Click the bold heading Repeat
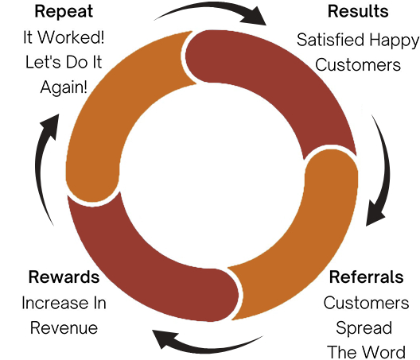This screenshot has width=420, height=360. [x=64, y=12]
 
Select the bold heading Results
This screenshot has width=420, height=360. [x=358, y=11]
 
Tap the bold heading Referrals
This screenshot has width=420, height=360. [x=366, y=277]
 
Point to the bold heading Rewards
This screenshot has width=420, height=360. [x=64, y=277]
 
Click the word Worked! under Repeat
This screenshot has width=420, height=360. [x=71, y=37]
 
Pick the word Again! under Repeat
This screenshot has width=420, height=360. [x=64, y=87]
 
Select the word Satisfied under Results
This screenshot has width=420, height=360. [x=331, y=40]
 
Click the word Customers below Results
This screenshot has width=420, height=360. [x=358, y=65]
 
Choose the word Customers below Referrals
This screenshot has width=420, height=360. [x=366, y=303]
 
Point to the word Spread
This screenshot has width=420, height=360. [x=364, y=328]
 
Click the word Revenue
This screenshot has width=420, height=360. [x=64, y=328]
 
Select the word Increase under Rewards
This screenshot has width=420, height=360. [x=51, y=303]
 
